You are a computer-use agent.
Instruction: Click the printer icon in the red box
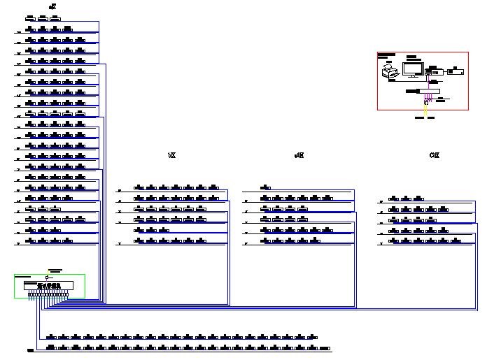(388, 71)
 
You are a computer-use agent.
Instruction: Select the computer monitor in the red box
(412, 69)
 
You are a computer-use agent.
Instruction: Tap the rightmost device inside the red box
(456, 71)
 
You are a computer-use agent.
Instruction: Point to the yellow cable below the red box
(425, 108)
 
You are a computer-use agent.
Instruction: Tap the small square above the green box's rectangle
(48, 277)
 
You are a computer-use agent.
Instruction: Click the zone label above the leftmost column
(52, 7)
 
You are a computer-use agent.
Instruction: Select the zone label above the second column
(171, 155)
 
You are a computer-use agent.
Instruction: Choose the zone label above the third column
(299, 155)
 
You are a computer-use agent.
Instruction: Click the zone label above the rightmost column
(434, 155)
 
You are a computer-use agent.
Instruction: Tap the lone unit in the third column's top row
(266, 187)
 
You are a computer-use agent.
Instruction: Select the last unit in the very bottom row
(324, 347)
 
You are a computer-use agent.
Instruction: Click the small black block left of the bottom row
(30, 350)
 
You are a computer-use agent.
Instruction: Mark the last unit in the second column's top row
(214, 187)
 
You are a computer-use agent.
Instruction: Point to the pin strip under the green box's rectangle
(48, 295)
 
